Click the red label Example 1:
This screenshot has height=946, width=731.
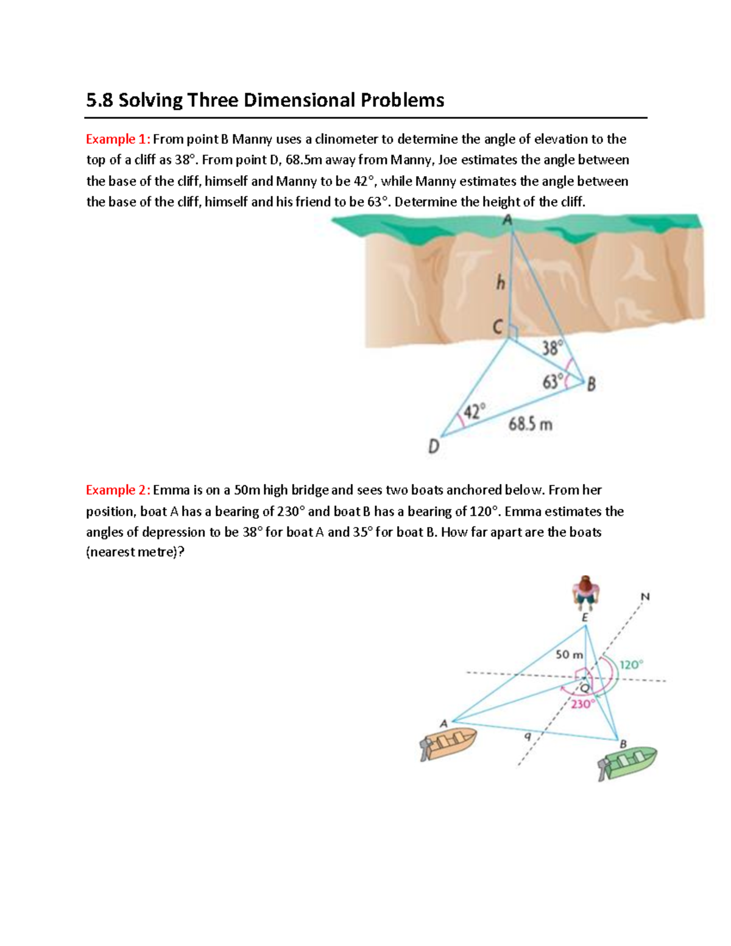pyautogui.click(x=118, y=139)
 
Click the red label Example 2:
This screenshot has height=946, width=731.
pyautogui.click(x=118, y=490)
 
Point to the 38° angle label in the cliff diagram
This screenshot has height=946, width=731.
pyautogui.click(x=552, y=348)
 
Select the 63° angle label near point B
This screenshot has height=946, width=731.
pyautogui.click(x=553, y=382)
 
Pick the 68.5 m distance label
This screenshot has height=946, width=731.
pyautogui.click(x=531, y=425)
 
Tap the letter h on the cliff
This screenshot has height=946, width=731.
pyautogui.click(x=501, y=283)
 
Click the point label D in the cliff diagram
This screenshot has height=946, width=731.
pyautogui.click(x=433, y=447)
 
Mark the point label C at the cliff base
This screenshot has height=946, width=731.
pyautogui.click(x=498, y=328)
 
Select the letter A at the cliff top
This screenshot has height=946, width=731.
pyautogui.click(x=507, y=221)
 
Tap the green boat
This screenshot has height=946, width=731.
pyautogui.click(x=627, y=763)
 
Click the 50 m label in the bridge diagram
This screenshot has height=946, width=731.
pyautogui.click(x=569, y=654)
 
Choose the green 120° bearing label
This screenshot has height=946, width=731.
pyautogui.click(x=631, y=665)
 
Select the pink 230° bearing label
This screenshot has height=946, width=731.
pyautogui.click(x=582, y=704)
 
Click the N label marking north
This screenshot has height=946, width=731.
pyautogui.click(x=645, y=597)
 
